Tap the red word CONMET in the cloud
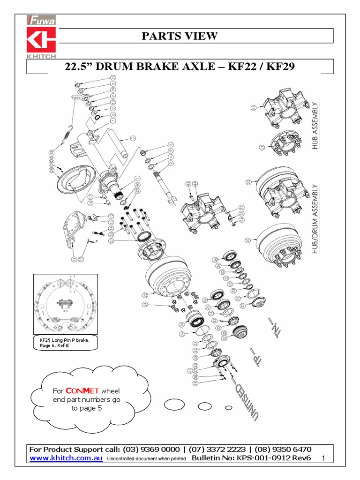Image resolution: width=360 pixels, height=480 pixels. coord(75,390)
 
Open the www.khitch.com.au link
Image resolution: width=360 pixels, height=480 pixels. coord(66,458)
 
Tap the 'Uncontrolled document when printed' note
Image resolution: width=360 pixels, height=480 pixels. coord(147,458)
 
